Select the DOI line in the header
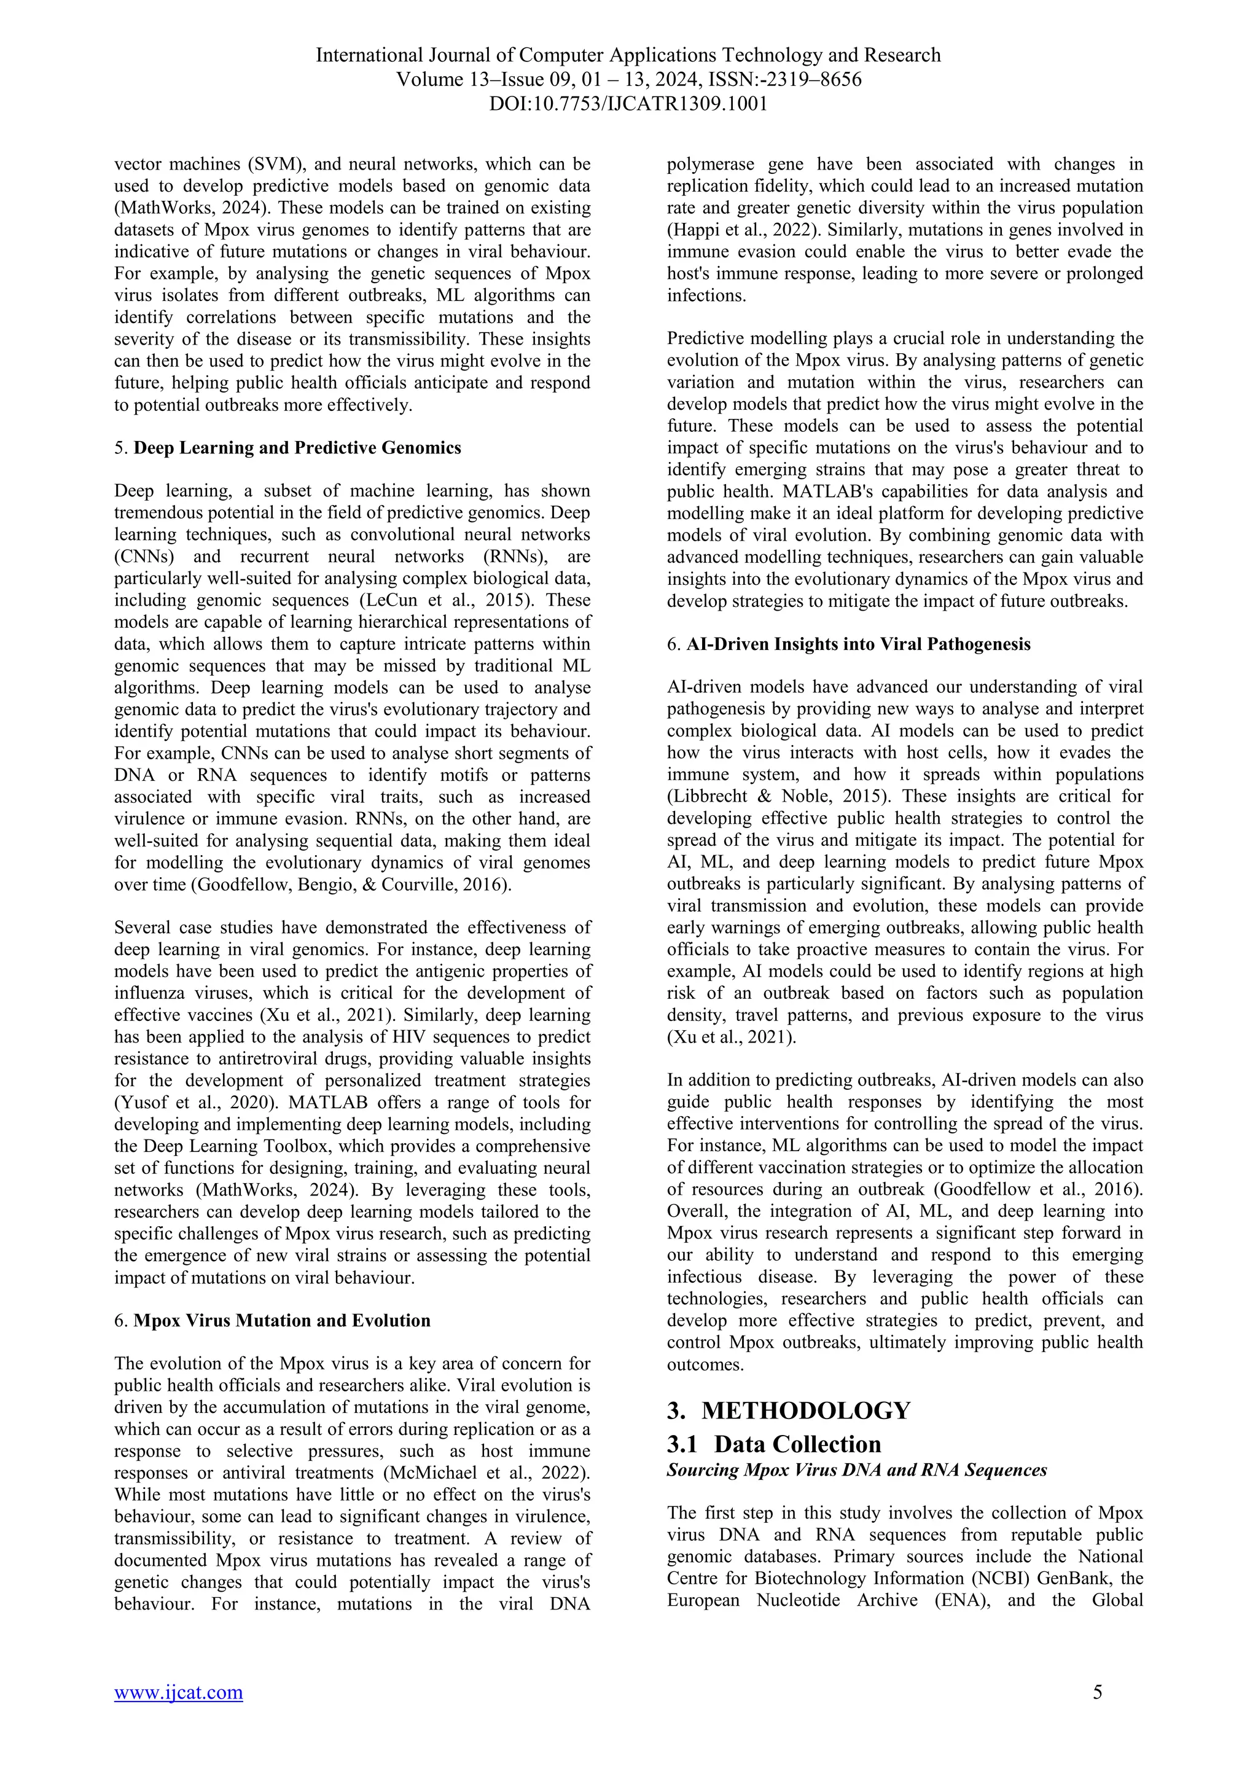628,104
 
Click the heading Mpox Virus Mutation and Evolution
282,1320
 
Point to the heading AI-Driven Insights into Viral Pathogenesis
858,644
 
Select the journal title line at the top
628,55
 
